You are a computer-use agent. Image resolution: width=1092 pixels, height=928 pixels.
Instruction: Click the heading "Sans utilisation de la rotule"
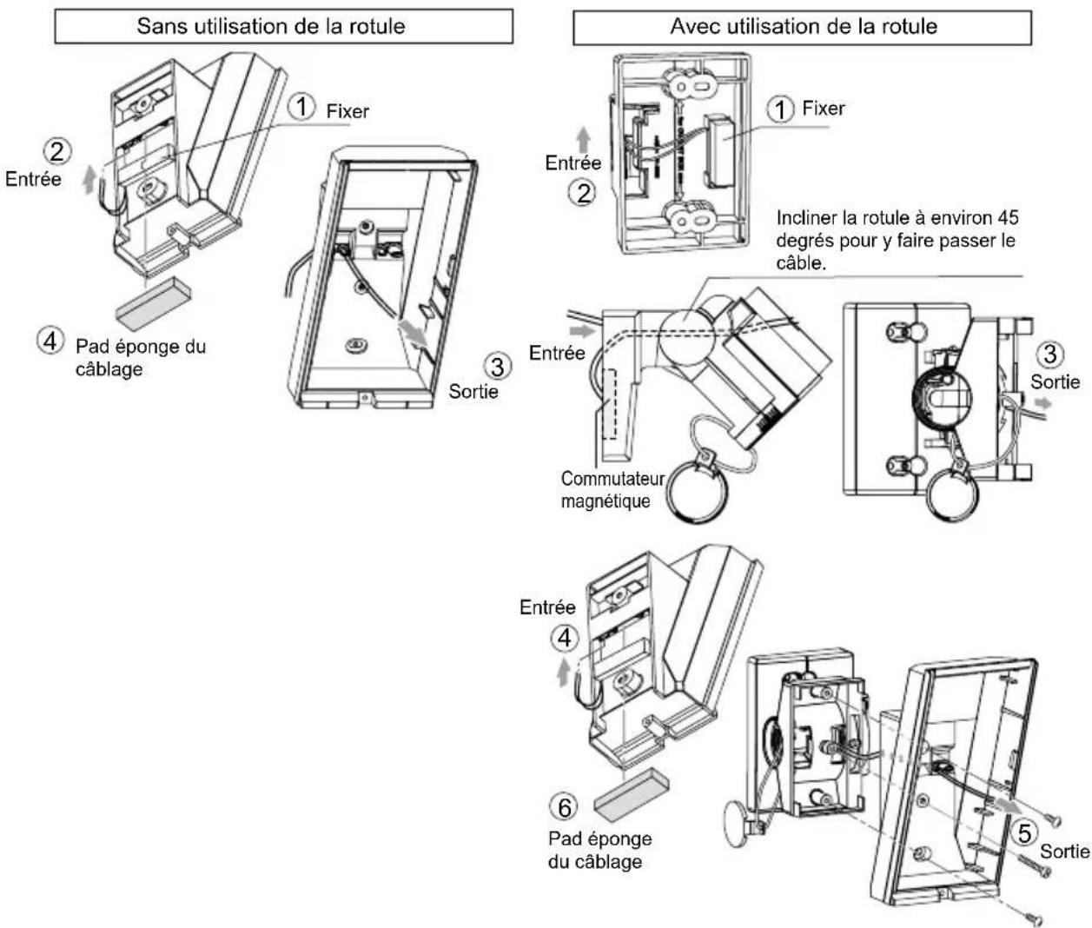pos(271,26)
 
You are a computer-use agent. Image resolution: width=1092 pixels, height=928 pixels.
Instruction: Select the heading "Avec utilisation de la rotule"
pos(804,26)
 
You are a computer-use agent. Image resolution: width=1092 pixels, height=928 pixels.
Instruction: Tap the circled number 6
pos(564,807)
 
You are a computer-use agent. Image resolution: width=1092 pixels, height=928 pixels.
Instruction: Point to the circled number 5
pos(1024,833)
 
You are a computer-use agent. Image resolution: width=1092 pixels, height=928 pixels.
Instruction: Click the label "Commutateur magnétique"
pos(612,489)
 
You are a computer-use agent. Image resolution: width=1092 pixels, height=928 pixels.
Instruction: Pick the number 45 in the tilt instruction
pos(1008,218)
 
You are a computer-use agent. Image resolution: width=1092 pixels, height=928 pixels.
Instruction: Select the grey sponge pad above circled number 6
pos(632,795)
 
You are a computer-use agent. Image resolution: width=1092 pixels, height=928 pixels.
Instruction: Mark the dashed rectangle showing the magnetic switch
pos(609,403)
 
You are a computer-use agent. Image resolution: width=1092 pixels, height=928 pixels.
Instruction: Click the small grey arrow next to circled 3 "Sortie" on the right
pos(1042,403)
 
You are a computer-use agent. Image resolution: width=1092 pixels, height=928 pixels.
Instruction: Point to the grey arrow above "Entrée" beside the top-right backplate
pos(583,140)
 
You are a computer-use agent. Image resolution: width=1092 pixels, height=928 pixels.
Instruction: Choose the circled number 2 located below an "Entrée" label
pos(583,193)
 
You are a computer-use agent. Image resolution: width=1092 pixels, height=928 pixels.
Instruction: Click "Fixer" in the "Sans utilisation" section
pos(347,111)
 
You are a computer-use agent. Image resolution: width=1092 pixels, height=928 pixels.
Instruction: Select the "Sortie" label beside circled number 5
pos(1064,852)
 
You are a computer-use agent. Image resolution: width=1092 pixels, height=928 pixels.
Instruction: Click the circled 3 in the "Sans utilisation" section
pos(497,367)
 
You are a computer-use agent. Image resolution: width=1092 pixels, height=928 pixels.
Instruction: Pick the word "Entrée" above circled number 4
pos(547,607)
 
